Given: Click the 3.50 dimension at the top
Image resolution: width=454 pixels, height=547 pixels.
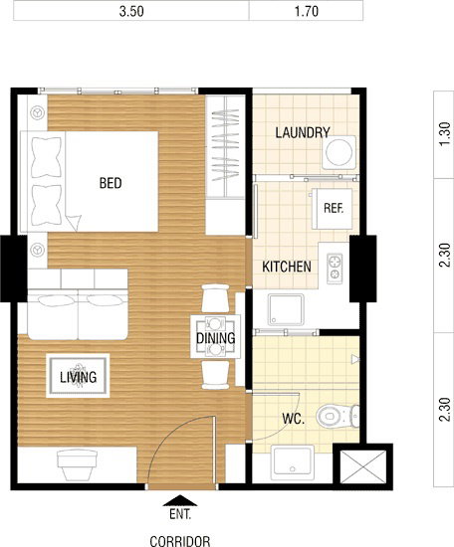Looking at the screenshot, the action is [131, 11].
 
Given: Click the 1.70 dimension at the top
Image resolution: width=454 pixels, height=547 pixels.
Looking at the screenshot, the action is [307, 11].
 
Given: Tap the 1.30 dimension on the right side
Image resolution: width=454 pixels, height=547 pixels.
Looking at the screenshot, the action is [445, 134].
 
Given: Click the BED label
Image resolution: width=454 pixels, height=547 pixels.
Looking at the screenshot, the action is [111, 183].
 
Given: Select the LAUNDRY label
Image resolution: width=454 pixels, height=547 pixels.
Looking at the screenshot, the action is [303, 132].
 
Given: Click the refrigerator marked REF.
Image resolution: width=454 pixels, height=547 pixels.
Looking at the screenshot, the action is [333, 209].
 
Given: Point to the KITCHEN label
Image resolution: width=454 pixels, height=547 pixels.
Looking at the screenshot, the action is [287, 267].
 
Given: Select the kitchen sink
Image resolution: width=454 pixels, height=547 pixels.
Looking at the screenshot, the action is [286, 309].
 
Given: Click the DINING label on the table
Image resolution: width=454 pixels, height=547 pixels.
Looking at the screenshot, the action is [215, 338].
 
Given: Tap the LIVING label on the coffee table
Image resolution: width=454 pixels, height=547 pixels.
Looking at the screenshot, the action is [78, 377].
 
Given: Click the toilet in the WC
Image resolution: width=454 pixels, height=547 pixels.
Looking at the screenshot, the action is [338, 416].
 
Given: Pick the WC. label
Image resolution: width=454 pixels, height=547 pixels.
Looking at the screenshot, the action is [294, 419].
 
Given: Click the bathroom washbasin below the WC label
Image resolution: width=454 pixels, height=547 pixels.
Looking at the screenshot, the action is [293, 460].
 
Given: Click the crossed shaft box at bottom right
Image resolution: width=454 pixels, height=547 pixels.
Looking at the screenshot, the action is [362, 467].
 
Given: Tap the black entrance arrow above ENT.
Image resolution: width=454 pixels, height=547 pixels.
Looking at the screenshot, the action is [180, 500].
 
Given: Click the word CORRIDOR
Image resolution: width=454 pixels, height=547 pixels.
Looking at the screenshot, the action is [180, 541].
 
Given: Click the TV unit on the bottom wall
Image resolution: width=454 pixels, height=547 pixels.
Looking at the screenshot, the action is [78, 465].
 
